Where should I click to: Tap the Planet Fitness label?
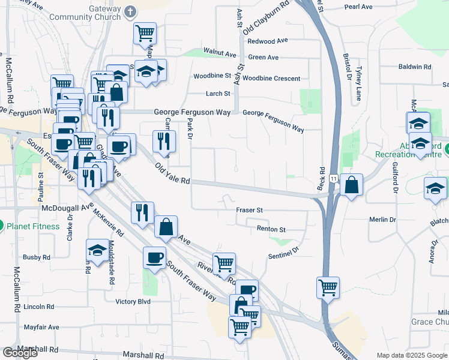[x=33, y=226]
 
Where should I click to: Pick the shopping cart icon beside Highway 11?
[x=328, y=287]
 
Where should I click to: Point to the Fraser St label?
[x=250, y=210]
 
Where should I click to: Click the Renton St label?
[x=271, y=229]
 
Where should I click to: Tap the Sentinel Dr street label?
[x=283, y=254]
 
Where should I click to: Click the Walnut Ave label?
[x=220, y=53]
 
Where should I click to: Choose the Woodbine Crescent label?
[x=271, y=78]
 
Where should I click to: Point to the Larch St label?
[x=218, y=94]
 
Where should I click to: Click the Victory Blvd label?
[x=133, y=301]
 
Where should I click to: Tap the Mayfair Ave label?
[x=41, y=327]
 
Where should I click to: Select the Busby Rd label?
[x=36, y=257]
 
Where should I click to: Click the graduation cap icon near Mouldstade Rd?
[x=97, y=249]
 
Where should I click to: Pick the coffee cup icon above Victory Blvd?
[x=154, y=257]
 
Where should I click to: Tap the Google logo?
[x=20, y=353]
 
